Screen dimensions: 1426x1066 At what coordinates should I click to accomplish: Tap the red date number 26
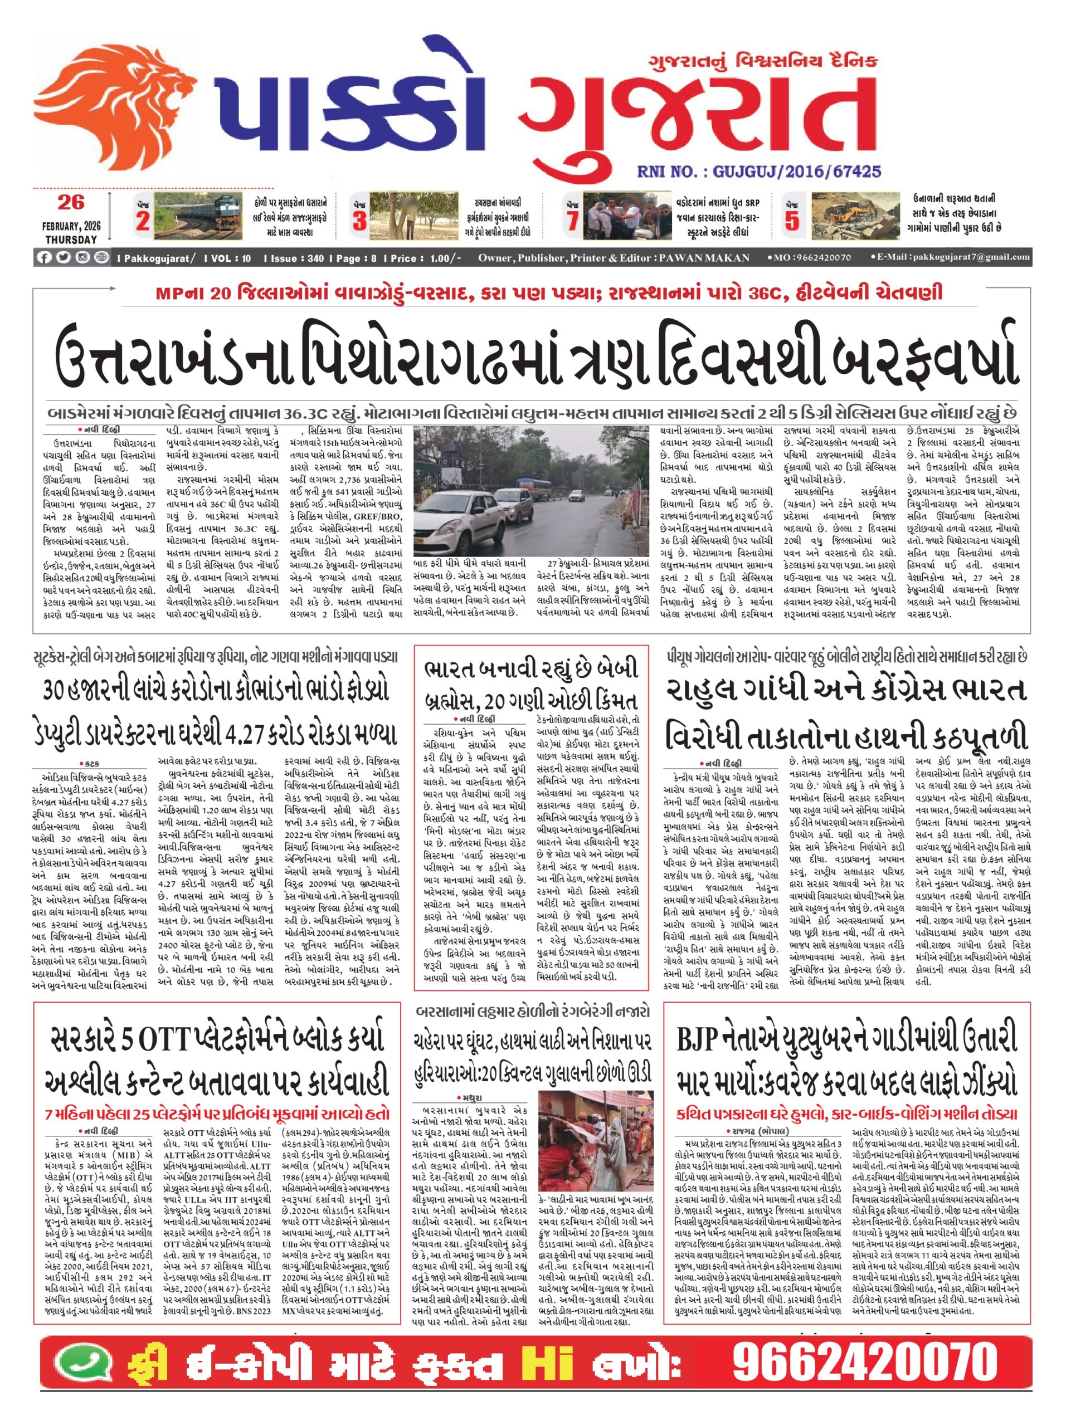pos(70,202)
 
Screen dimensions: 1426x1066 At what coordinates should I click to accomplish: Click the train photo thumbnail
pos(202,216)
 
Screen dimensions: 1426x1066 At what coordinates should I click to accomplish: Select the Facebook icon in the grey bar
pos(44,258)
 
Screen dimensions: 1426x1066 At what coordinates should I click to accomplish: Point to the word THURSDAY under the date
pos(71,239)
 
